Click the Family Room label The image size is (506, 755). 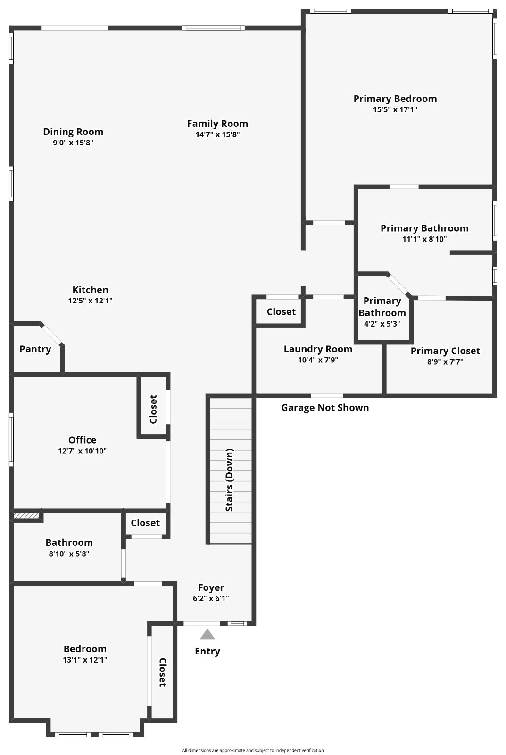click(x=217, y=124)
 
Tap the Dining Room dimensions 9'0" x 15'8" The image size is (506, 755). click(x=73, y=143)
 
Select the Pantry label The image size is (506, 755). click(x=35, y=349)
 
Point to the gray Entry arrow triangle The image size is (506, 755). click(x=207, y=634)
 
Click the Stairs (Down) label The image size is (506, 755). click(x=230, y=480)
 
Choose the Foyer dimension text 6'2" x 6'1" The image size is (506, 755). click(x=211, y=598)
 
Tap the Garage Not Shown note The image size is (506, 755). click(x=325, y=408)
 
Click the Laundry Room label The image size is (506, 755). click(x=318, y=349)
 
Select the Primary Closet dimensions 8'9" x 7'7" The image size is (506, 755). click(x=445, y=362)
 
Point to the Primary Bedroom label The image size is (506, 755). click(x=395, y=99)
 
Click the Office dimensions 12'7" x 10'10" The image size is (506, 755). click(x=83, y=451)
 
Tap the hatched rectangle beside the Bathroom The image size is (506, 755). click(x=26, y=516)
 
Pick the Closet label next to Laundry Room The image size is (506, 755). click(x=281, y=312)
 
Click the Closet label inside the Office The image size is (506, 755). click(x=153, y=409)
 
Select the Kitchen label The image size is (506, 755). click(x=90, y=290)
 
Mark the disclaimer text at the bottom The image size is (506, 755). click(x=253, y=750)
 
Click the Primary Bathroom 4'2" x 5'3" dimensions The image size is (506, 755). click(x=382, y=324)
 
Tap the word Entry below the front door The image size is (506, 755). click(x=207, y=651)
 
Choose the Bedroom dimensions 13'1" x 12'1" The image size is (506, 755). click(x=85, y=660)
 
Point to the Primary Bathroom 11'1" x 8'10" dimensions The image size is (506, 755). click(x=424, y=239)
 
